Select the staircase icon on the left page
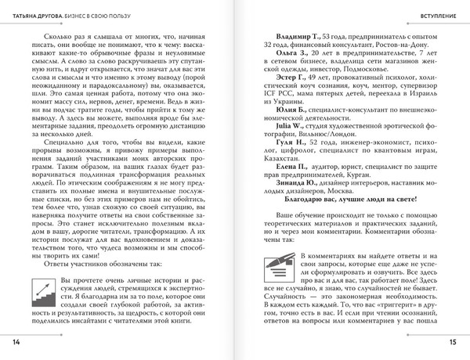coord(40,293)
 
